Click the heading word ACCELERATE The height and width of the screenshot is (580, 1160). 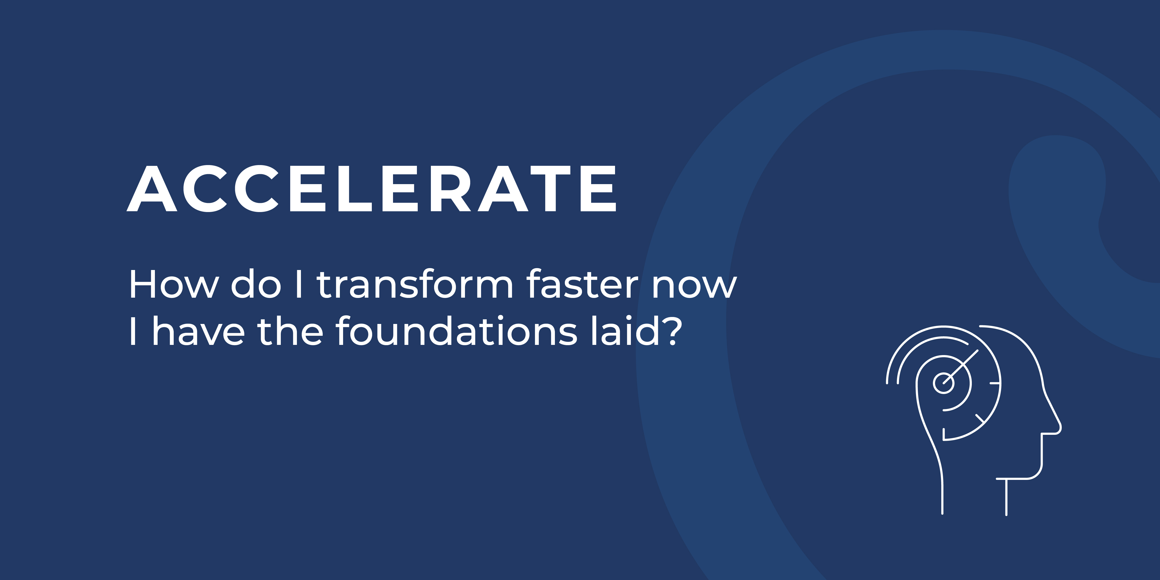click(x=372, y=188)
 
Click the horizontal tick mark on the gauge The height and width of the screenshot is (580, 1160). click(x=995, y=383)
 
